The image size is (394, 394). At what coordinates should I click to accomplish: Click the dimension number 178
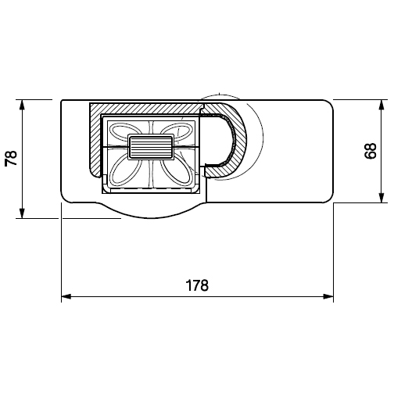pos(197,285)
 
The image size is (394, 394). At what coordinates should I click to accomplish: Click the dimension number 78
pos(11,158)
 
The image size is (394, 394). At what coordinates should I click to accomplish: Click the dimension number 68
pos(371,151)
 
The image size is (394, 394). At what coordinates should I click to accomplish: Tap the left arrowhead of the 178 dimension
pos(66,296)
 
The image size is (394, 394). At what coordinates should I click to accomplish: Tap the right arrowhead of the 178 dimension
pos(328,296)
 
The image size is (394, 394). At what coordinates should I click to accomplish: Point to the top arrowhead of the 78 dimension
pos(22,105)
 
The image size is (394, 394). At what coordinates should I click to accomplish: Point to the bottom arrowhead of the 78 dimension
pos(22,213)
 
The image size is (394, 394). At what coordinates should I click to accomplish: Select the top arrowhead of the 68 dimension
pos(381,105)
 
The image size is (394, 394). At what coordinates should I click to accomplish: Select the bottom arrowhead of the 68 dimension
pos(381,198)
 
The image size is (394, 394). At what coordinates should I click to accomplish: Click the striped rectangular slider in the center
pos(151,147)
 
